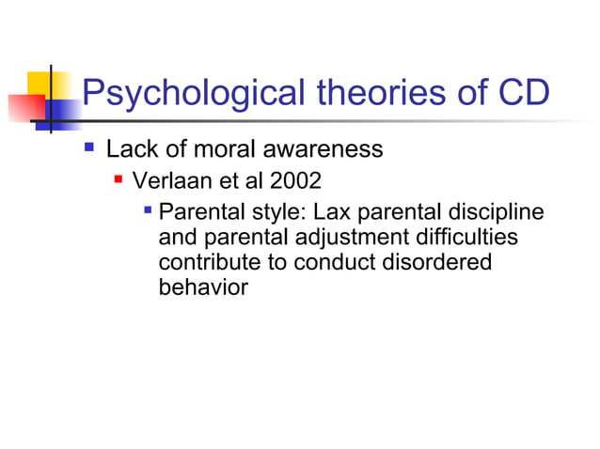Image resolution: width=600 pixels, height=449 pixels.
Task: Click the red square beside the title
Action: click(x=24, y=105)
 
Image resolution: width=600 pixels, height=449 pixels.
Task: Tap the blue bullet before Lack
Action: click(x=89, y=147)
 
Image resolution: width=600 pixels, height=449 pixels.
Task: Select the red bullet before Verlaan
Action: click(x=118, y=177)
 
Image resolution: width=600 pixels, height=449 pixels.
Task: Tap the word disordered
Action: click(x=440, y=262)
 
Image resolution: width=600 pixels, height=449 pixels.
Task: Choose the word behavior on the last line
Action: click(x=203, y=287)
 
